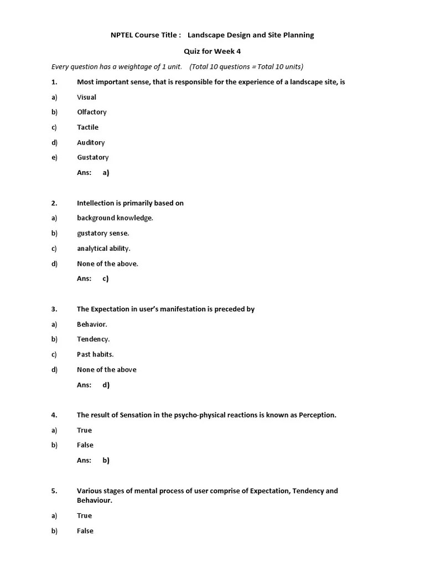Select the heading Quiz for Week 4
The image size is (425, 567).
click(x=212, y=51)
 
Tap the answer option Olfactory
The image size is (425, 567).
click(x=91, y=112)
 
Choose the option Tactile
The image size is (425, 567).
click(x=87, y=127)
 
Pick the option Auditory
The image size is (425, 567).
click(x=91, y=142)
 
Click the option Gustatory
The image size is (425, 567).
click(x=92, y=157)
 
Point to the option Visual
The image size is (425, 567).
click(x=86, y=97)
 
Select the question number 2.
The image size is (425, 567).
click(x=54, y=203)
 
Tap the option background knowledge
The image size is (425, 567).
click(x=115, y=218)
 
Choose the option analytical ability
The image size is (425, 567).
click(x=103, y=249)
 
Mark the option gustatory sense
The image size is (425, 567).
click(x=103, y=233)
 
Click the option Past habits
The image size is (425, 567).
click(x=95, y=354)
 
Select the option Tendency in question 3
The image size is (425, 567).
click(x=93, y=339)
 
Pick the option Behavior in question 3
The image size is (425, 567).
click(x=92, y=324)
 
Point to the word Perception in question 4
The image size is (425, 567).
click(x=317, y=415)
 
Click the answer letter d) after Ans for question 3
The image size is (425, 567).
click(x=106, y=385)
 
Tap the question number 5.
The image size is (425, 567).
click(x=54, y=491)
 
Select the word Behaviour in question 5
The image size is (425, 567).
click(x=94, y=500)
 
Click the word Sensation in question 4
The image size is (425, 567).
click(x=136, y=415)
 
